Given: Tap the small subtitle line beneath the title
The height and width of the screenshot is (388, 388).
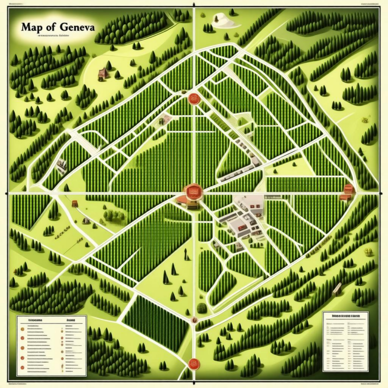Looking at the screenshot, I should click(56, 36).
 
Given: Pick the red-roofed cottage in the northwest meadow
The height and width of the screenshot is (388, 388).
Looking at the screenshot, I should click(104, 73).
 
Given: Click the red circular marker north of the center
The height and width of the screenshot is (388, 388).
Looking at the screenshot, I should click(192, 98).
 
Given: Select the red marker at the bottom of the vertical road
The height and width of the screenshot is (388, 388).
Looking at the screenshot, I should click(192, 362).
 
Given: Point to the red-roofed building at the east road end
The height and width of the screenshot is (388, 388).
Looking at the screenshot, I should click(348, 191).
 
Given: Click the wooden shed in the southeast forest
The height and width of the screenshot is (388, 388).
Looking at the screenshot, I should click(337, 289).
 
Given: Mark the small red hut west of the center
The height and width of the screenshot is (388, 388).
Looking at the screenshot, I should click(75, 204).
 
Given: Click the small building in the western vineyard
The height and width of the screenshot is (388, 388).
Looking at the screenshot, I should click(62, 164).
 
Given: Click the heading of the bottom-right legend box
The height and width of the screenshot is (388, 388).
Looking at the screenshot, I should click(346, 316).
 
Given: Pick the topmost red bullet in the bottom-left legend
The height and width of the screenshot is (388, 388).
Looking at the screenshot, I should click(22, 328).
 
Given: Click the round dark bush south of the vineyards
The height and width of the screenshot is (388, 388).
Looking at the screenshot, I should click(202, 308).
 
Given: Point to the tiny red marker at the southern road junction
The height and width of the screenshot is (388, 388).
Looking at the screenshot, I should click(193, 319).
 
